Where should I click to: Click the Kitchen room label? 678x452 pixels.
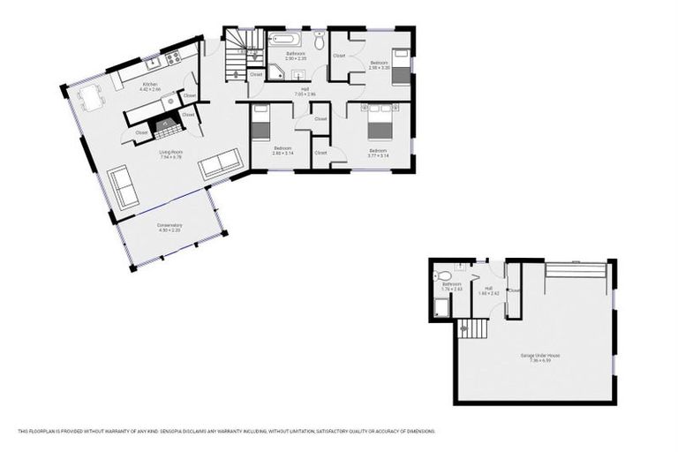pyautogui.click(x=149, y=84)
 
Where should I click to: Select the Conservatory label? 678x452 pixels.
pyautogui.click(x=169, y=225)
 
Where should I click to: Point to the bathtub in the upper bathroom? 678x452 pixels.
pyautogui.click(x=284, y=40)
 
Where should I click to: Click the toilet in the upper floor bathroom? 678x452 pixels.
pyautogui.click(x=319, y=41)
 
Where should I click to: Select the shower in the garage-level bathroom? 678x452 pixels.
pyautogui.click(x=441, y=307)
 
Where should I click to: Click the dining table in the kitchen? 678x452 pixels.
pyautogui.click(x=92, y=97)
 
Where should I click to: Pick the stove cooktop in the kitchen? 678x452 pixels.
pyautogui.click(x=173, y=57)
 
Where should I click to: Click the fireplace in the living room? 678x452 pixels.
pyautogui.click(x=167, y=126)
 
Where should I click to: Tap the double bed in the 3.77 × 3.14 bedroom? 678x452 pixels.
pyautogui.click(x=380, y=121)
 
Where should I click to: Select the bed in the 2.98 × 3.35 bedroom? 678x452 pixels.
pyautogui.click(x=401, y=66)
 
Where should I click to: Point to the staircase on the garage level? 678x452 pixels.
pyautogui.click(x=473, y=328)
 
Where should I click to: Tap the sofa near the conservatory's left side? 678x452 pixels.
pyautogui.click(x=123, y=187)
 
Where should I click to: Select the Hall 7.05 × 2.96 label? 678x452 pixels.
pyautogui.click(x=304, y=89)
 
